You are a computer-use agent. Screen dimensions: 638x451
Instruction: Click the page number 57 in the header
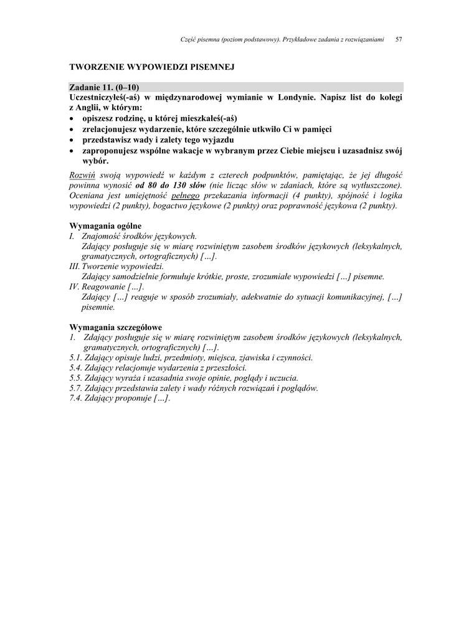point(399,39)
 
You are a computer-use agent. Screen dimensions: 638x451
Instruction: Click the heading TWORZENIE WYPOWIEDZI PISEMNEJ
point(151,66)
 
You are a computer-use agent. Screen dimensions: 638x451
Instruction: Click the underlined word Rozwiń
point(82,174)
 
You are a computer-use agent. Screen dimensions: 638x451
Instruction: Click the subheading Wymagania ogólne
point(105,226)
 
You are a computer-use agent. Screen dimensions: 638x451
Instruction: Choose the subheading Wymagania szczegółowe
point(115,327)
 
